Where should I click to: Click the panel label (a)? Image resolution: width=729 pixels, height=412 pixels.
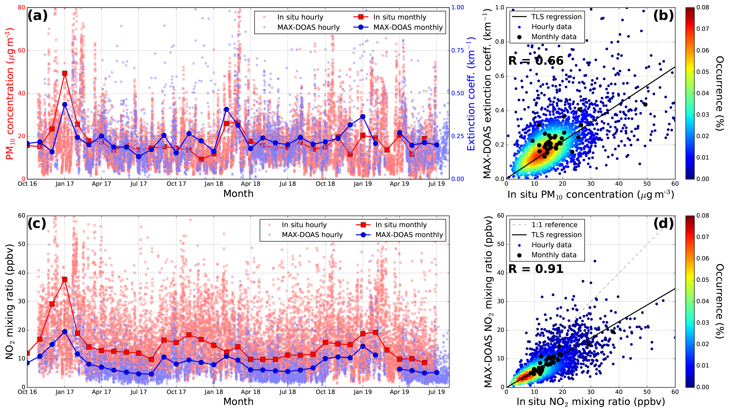(x=37, y=16)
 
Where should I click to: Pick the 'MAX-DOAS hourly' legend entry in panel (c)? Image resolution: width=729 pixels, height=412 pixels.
(x=312, y=235)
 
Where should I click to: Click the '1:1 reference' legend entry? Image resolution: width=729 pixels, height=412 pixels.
(x=554, y=225)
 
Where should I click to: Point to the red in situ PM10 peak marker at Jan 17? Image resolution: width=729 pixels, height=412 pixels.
(x=65, y=73)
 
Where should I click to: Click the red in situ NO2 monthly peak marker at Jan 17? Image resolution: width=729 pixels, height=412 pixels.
(x=65, y=279)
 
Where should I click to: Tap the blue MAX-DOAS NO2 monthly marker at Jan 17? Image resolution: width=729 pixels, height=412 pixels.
(x=65, y=332)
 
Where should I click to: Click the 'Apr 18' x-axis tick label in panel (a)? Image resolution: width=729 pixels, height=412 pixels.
(x=250, y=184)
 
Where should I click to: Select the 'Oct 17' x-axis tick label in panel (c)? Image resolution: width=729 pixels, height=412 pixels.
(x=176, y=392)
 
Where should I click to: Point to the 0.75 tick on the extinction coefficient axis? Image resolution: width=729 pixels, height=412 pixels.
(x=457, y=50)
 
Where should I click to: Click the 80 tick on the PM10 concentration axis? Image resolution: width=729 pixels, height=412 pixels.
(x=21, y=8)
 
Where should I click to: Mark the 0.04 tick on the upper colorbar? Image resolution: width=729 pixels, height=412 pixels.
(x=703, y=93)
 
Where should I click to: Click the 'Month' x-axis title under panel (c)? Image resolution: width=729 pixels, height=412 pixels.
(x=238, y=402)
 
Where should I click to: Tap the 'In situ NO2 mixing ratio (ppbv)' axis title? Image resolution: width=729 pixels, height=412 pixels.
(x=591, y=402)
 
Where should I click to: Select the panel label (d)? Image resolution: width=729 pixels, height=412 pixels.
(x=663, y=224)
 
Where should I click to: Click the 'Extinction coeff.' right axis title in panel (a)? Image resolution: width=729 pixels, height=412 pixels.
(x=471, y=93)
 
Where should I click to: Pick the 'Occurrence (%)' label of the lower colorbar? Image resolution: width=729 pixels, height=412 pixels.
(x=720, y=301)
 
